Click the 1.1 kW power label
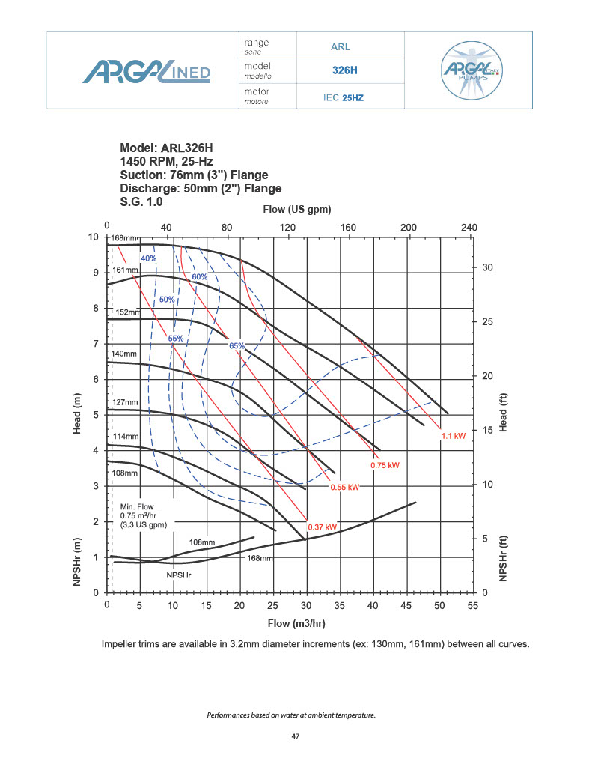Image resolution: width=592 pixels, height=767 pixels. [x=454, y=435]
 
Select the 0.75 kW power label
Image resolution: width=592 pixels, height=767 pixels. [x=385, y=465]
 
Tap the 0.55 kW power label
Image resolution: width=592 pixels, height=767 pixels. [x=345, y=488]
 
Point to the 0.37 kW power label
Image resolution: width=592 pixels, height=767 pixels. [x=321, y=527]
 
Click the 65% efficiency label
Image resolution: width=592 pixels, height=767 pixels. [x=237, y=346]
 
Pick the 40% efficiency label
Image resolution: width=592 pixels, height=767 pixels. [x=147, y=258]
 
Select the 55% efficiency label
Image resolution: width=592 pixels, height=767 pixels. [x=175, y=339]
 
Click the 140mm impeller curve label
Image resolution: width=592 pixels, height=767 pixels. [x=124, y=354]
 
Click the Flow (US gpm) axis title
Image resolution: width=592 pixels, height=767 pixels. [x=297, y=208]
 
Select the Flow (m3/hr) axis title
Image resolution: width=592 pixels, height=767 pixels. [x=296, y=623]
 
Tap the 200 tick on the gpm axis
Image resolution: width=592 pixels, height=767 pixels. [x=409, y=227]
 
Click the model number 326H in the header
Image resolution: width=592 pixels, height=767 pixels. [x=345, y=71]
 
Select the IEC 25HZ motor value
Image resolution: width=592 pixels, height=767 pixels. [x=343, y=97]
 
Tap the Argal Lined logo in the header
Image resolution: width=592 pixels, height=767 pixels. [x=146, y=73]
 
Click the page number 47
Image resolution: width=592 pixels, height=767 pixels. [x=296, y=737]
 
